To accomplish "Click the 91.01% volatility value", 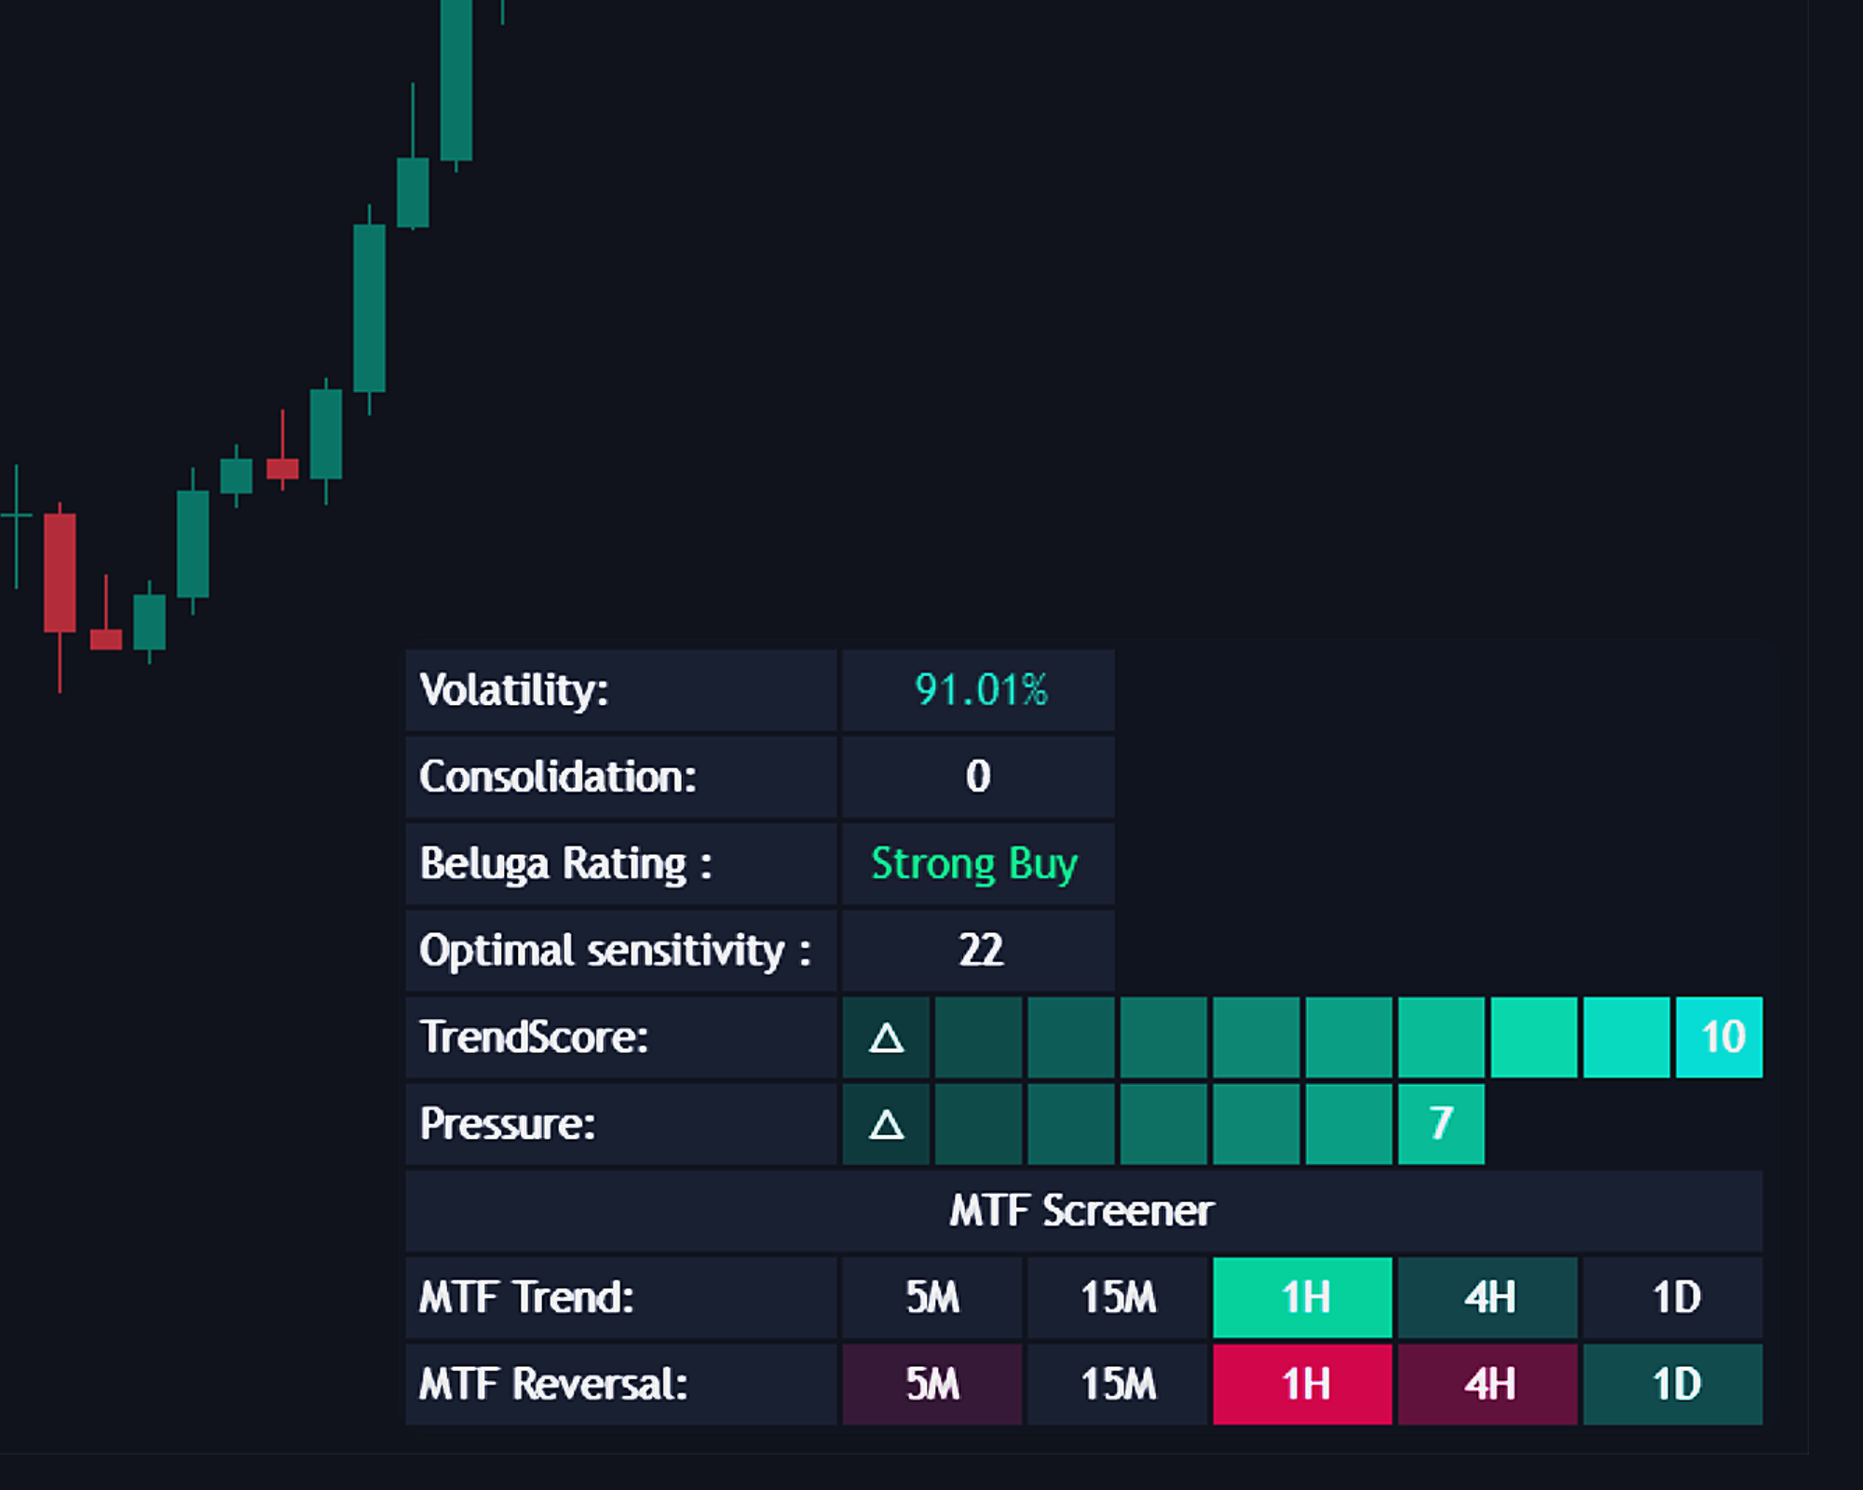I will tap(980, 690).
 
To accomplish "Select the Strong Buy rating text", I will tap(974, 863).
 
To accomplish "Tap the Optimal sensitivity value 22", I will tap(980, 950).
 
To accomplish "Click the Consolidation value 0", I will tap(978, 777).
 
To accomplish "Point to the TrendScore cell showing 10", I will tap(1720, 1036).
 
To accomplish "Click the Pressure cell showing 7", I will tap(1441, 1123).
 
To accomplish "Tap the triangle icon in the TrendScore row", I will tap(886, 1037).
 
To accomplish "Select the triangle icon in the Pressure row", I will tap(886, 1124).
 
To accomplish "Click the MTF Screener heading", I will tap(1081, 1211).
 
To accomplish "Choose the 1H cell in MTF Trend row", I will tap(1303, 1297).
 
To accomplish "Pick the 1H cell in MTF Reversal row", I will tap(1303, 1384).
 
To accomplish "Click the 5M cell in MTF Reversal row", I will tap(932, 1384).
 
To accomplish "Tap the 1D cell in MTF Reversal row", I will tap(1674, 1384).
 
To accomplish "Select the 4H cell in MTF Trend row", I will tap(1489, 1297).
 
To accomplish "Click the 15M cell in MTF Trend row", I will tap(1118, 1297).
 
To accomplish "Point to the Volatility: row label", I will tap(514, 690).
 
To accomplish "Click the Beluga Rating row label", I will tap(565, 863).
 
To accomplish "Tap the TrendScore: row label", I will tap(534, 1036).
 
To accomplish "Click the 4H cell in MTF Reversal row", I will tap(1489, 1384).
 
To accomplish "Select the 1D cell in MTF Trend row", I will tap(1674, 1297).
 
